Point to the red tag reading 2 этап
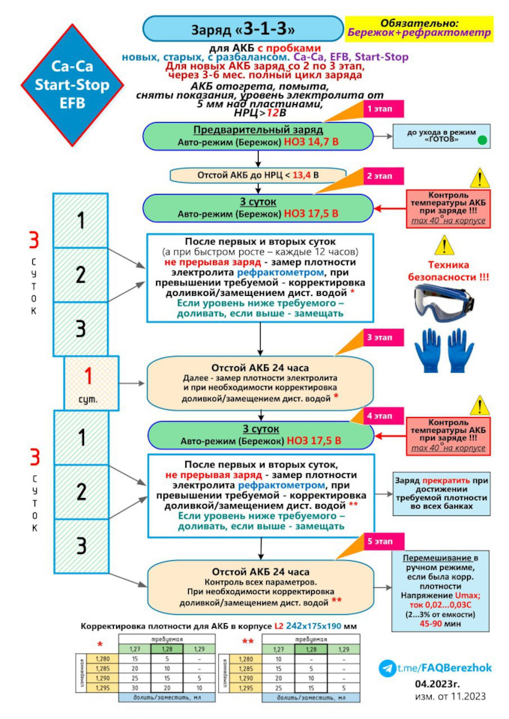[379, 177]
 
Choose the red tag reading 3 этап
[379, 338]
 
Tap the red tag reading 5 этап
[379, 541]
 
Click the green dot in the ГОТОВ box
[483, 139]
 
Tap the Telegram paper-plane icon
[387, 667]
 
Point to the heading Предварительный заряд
[259, 130]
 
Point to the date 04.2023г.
[440, 684]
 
